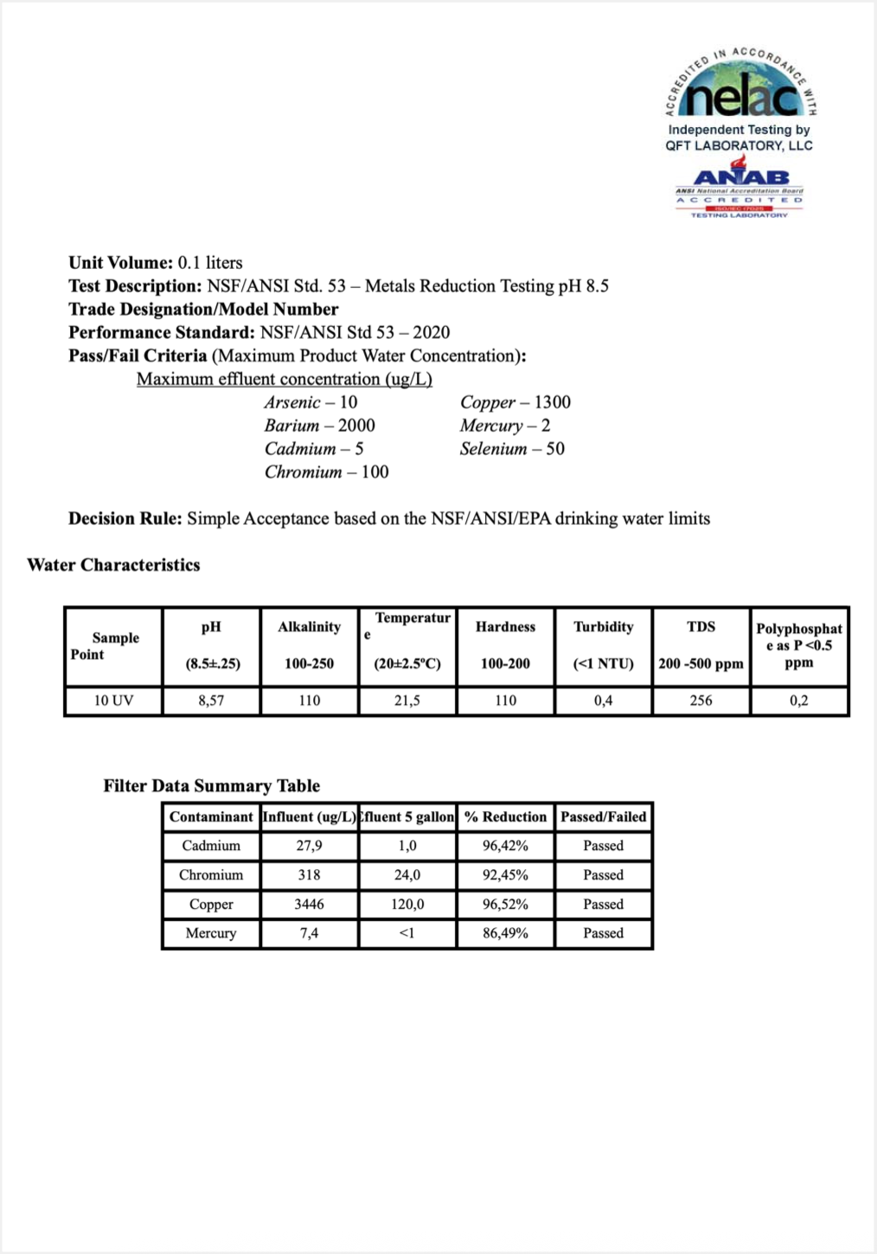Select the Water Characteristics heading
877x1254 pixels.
[113, 565]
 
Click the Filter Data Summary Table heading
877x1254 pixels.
[211, 785]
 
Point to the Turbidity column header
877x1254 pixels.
[603, 627]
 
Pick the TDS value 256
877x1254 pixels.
[701, 701]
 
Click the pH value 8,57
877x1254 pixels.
[211, 701]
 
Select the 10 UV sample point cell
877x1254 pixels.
[113, 701]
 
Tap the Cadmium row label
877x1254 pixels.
[211, 846]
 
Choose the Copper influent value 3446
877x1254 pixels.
[309, 904]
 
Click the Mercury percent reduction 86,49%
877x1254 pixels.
[505, 933]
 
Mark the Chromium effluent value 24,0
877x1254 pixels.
[407, 875]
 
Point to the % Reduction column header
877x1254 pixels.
[505, 816]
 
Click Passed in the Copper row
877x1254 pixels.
[603, 904]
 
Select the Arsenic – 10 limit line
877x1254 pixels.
[310, 402]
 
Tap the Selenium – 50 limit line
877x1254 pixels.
[512, 449]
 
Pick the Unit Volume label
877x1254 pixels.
[120, 263]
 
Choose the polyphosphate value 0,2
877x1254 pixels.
[798, 701]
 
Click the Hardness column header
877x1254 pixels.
[505, 627]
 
